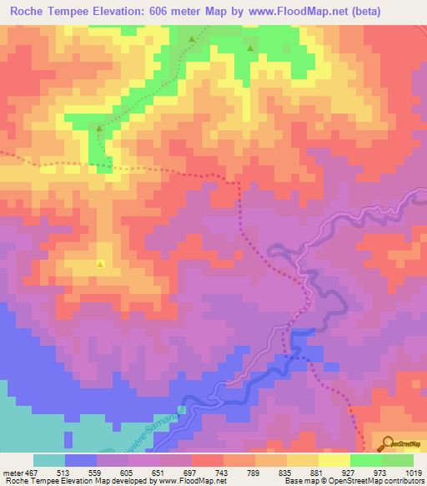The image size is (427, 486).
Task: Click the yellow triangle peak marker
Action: (101, 265)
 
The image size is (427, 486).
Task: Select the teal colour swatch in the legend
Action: (49, 460)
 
